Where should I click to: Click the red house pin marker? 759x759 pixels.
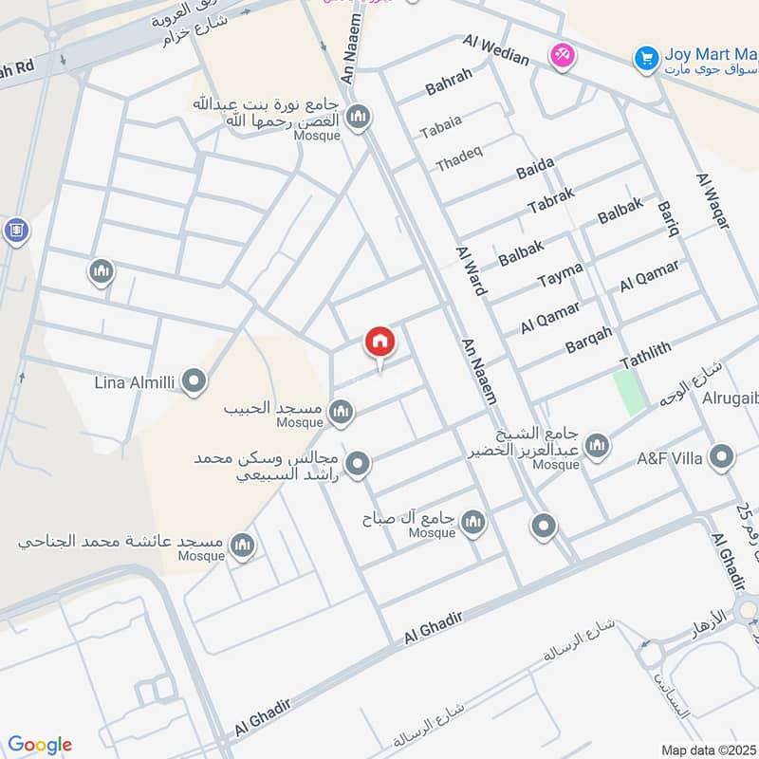[380, 342]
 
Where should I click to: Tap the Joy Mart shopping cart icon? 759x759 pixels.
[647, 59]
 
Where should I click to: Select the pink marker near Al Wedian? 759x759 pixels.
[562, 55]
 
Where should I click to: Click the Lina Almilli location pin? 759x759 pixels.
[194, 382]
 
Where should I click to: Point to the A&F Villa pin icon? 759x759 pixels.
[722, 459]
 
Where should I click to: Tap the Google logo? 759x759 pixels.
[39, 745]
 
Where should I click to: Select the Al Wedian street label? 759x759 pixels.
[496, 50]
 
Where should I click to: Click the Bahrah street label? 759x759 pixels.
[449, 83]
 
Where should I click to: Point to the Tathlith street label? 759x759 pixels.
[645, 357]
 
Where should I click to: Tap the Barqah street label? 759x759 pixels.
[588, 340]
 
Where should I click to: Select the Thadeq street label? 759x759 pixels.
[459, 161]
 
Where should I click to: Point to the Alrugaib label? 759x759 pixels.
[730, 398]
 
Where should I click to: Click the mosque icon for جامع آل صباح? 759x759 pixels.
[472, 521]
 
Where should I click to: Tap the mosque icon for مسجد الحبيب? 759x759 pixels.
[342, 412]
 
